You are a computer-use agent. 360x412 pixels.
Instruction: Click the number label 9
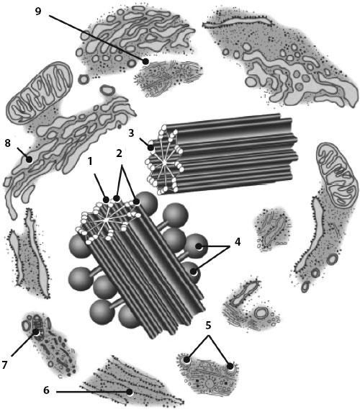[x=38, y=12]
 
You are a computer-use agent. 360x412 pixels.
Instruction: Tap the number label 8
[x=8, y=143]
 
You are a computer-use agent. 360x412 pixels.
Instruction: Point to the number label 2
[x=120, y=153]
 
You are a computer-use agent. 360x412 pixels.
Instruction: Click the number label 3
[x=131, y=133]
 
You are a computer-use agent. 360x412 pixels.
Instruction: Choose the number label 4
[x=238, y=242]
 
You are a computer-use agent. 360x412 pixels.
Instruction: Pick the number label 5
[x=208, y=326]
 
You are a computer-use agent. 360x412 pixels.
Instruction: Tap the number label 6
[x=46, y=390]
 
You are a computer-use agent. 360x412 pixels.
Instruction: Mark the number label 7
[x=4, y=364]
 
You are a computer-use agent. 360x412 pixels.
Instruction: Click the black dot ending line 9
[x=145, y=61]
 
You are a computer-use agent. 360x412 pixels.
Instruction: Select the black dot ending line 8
[x=29, y=159]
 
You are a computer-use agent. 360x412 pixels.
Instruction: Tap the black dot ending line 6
[x=129, y=392]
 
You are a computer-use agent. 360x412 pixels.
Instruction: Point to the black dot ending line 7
[x=36, y=332]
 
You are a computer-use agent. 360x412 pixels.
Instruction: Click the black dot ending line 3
[x=150, y=148]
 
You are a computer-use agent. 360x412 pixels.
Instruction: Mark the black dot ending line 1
[x=106, y=200]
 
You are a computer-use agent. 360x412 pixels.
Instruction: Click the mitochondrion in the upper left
[x=39, y=92]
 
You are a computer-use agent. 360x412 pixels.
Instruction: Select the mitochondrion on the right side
[x=338, y=174]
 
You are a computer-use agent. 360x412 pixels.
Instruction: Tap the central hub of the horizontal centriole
[x=164, y=163]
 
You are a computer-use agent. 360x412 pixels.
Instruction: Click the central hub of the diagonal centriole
[x=107, y=220]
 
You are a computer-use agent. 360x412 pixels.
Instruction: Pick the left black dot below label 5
[x=186, y=359]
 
